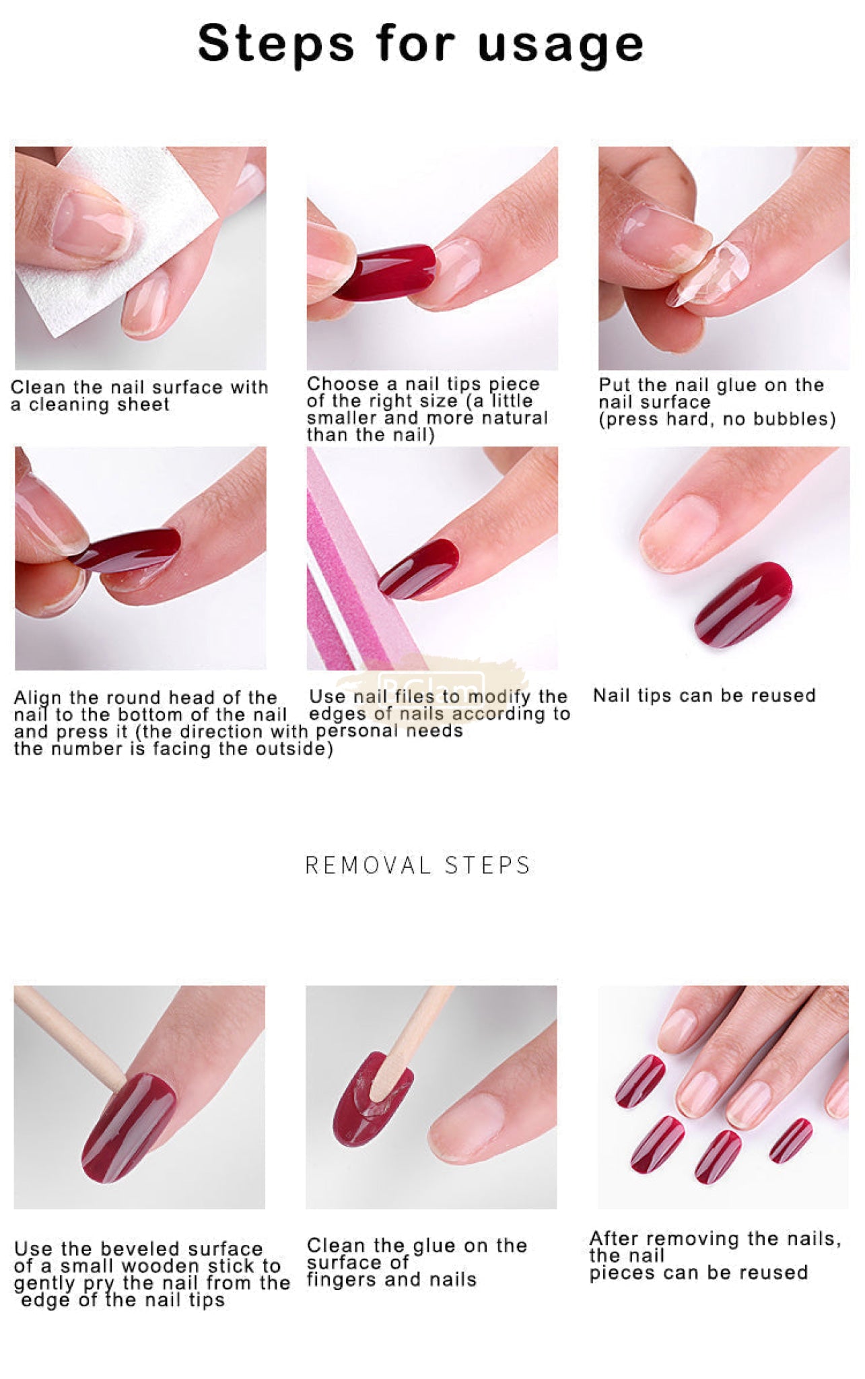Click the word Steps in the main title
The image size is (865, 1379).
276,43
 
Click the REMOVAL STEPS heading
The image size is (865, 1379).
418,865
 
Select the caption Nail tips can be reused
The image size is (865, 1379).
704,695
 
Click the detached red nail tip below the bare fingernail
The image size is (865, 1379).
743,605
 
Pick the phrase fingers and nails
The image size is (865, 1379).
392,1279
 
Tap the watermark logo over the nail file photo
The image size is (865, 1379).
431,683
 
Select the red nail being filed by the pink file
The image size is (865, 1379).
419,568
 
